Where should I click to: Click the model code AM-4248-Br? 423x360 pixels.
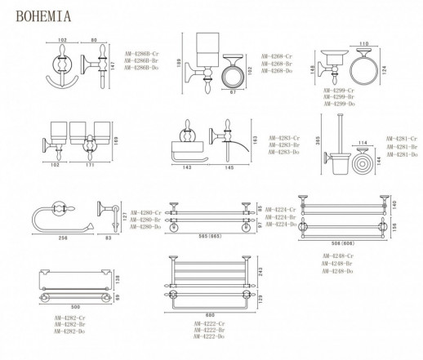pyautogui.click(x=340, y=263)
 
